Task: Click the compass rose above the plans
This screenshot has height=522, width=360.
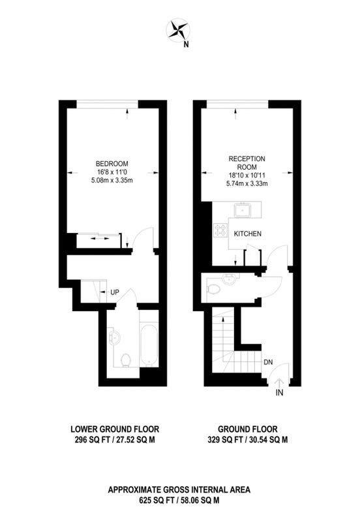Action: click(178, 30)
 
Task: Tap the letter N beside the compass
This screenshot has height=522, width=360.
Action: click(187, 44)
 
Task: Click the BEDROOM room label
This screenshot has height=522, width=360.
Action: click(112, 164)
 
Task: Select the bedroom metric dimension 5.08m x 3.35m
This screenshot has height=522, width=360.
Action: click(112, 181)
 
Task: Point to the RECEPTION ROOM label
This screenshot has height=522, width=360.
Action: click(247, 162)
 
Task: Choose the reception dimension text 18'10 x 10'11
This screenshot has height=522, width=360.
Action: click(247, 175)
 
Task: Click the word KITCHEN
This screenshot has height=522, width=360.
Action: click(248, 234)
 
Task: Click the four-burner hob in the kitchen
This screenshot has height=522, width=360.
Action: click(220, 230)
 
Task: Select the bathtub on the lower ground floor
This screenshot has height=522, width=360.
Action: click(149, 343)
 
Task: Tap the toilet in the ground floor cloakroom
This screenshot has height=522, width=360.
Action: click(213, 289)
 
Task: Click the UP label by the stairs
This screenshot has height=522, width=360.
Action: click(114, 292)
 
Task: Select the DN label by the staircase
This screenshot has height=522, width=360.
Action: click(268, 362)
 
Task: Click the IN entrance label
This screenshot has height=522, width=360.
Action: click(280, 393)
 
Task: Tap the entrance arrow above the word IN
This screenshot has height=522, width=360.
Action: click(279, 382)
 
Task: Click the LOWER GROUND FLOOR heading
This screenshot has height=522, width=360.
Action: click(115, 429)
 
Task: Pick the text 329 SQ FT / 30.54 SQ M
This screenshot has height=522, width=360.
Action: click(248, 440)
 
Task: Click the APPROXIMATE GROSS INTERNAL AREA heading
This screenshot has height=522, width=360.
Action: click(179, 490)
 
